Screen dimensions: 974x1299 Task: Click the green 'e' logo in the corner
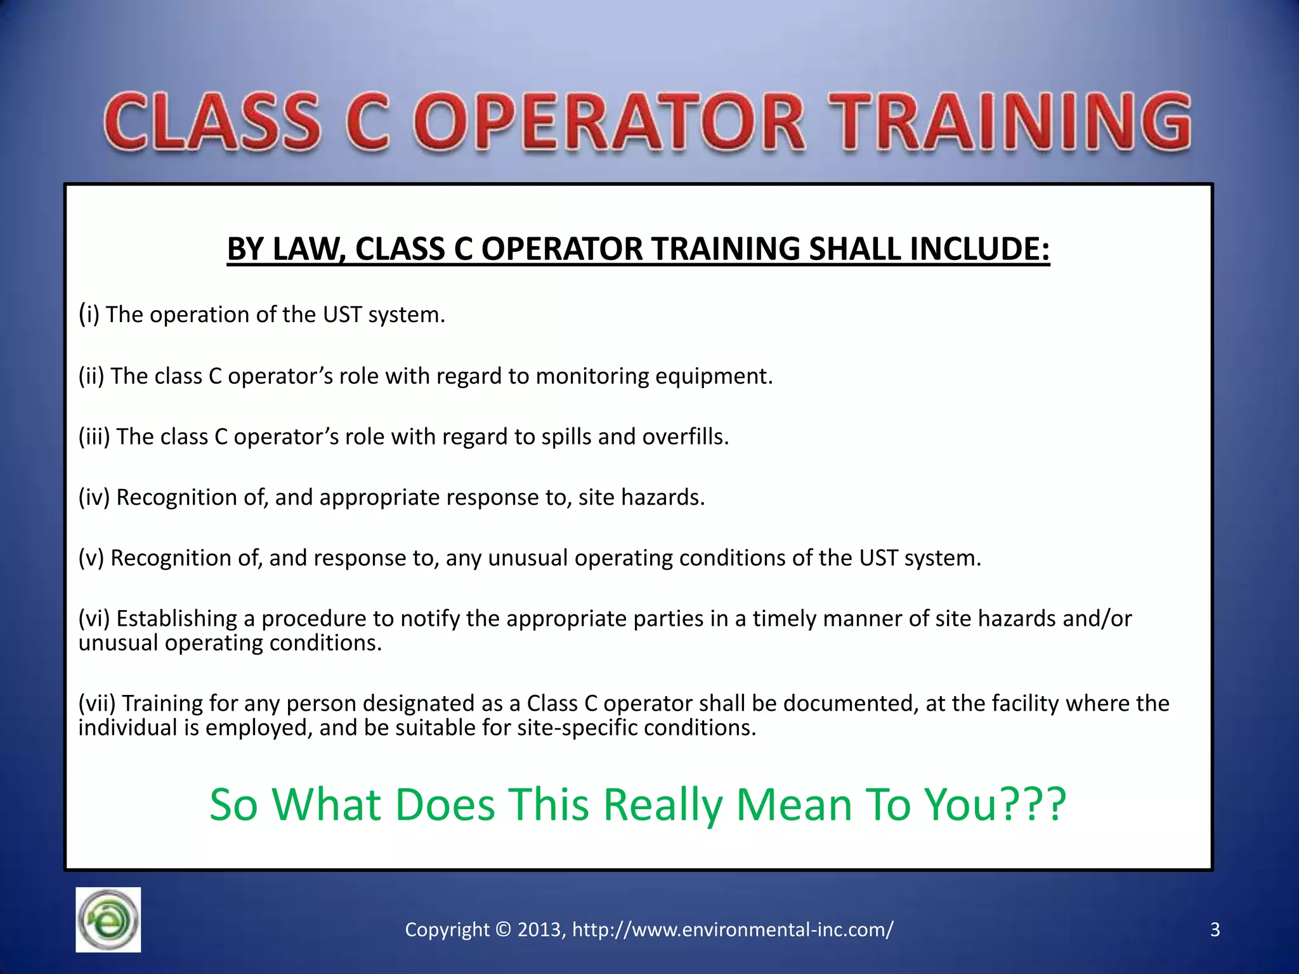pyautogui.click(x=108, y=919)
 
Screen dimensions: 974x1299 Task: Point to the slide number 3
pyautogui.click(x=1215, y=930)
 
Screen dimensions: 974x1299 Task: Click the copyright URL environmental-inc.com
pyautogui.click(x=733, y=930)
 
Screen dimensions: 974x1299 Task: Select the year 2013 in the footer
pyautogui.click(x=539, y=930)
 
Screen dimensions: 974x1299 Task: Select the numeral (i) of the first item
pyautogui.click(x=89, y=314)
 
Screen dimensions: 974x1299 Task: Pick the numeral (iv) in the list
pyautogui.click(x=95, y=497)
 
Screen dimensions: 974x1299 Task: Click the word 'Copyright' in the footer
pyautogui.click(x=447, y=930)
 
